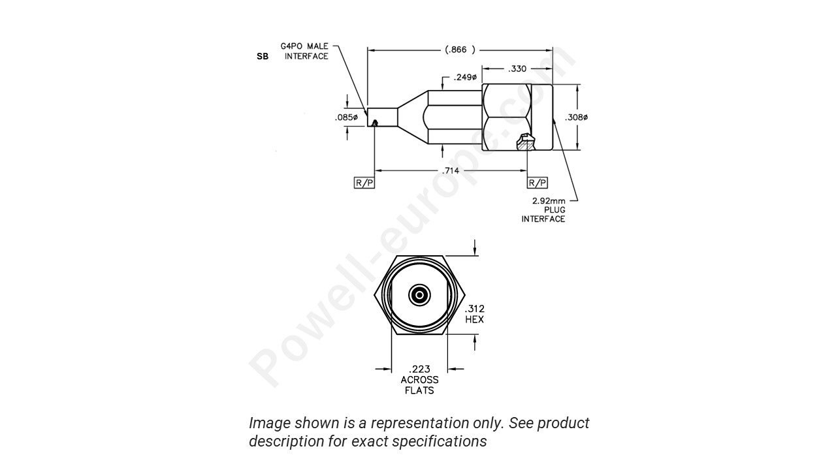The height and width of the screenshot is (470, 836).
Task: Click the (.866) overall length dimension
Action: coord(460,50)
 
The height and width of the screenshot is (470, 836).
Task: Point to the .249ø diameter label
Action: coord(465,78)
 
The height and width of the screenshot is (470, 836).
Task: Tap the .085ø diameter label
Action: coord(346,117)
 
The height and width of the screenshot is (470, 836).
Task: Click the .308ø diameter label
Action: coord(576,117)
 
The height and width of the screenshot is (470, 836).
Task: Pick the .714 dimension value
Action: coord(451,171)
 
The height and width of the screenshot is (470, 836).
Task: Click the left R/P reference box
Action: coord(364,183)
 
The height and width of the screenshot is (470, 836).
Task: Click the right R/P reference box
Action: coord(538,183)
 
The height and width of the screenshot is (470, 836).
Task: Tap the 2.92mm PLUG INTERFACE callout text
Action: coord(543,210)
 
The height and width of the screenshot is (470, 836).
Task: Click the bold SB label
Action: coord(263,57)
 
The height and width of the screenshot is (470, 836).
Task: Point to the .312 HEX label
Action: coord(475,314)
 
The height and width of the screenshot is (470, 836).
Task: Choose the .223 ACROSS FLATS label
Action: coord(419,379)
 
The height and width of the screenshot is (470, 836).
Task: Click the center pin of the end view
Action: coord(419,296)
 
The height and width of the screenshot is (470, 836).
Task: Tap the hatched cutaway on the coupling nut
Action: coord(524,142)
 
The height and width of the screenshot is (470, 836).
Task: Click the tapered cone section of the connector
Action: coord(411,117)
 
